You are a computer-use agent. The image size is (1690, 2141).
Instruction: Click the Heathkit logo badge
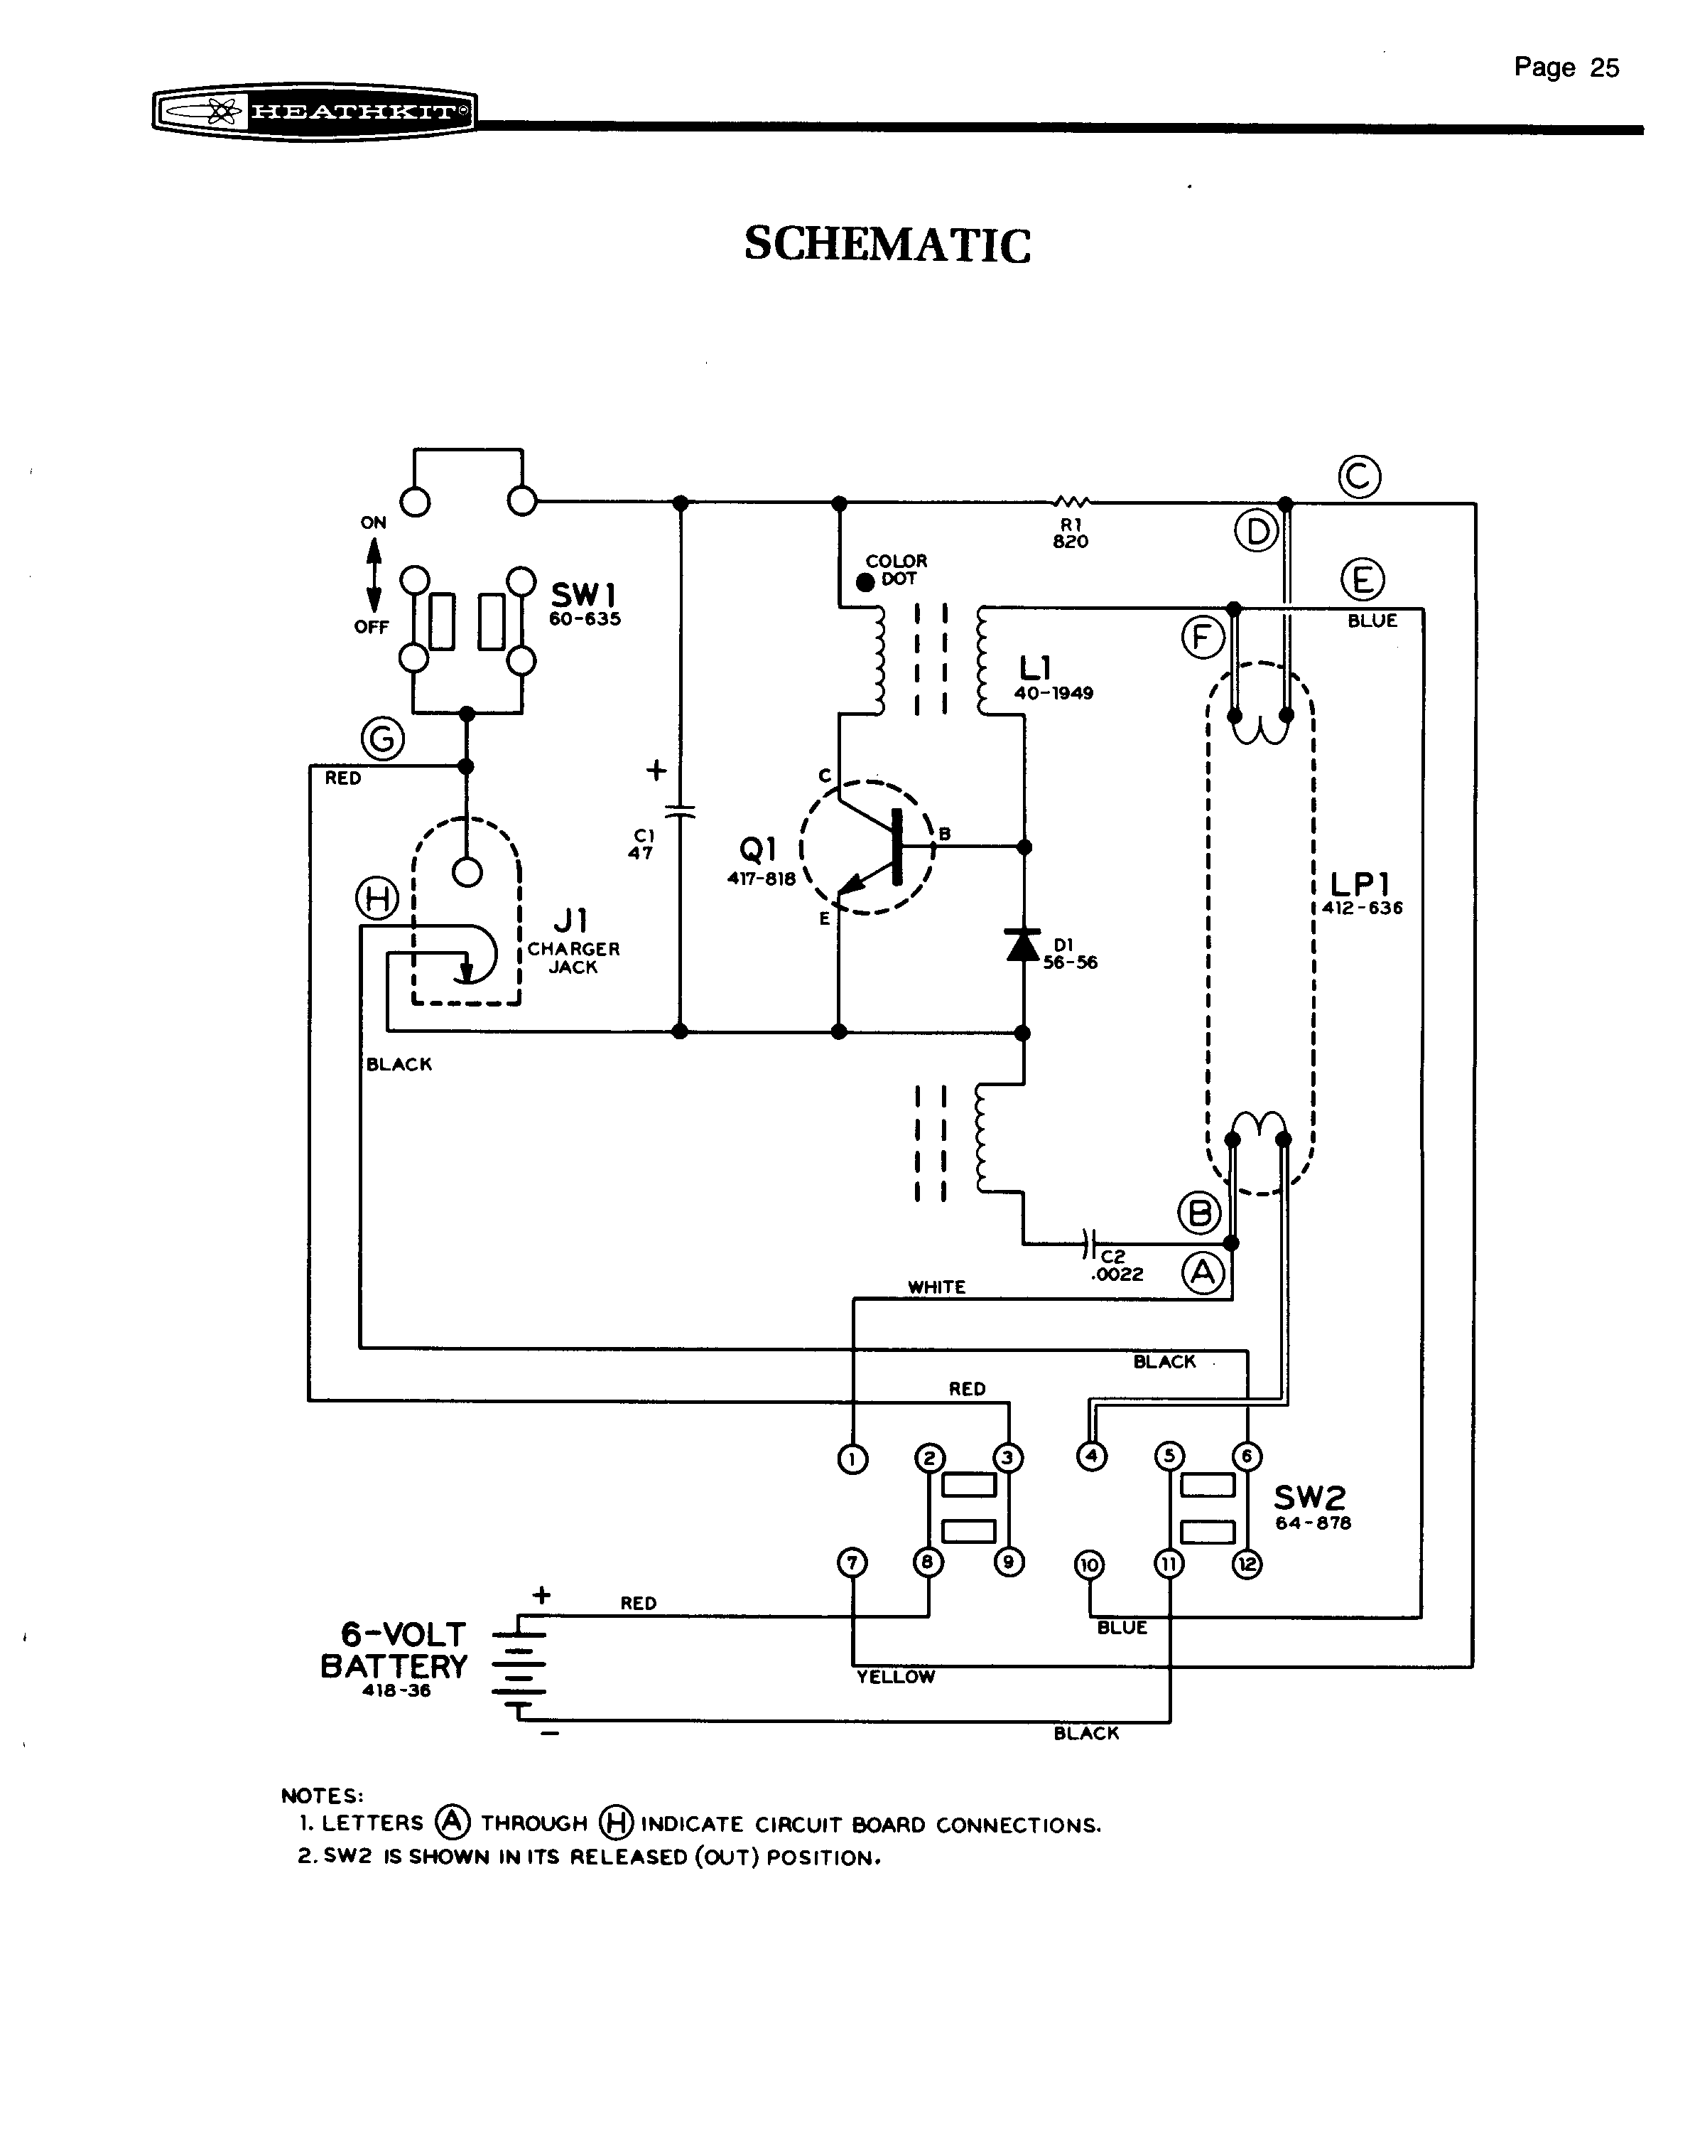[x=315, y=111]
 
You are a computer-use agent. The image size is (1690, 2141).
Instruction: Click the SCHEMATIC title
[x=887, y=245]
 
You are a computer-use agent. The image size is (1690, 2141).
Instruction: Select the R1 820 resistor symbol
[x=1071, y=502]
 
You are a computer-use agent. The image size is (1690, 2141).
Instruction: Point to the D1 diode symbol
[x=1022, y=945]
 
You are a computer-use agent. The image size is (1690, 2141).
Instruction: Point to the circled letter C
[x=1360, y=477]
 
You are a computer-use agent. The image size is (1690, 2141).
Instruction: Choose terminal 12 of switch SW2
[x=1247, y=1565]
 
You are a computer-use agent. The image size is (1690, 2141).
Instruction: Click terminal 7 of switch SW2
[x=852, y=1563]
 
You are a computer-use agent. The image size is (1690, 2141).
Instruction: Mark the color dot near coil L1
[x=866, y=582]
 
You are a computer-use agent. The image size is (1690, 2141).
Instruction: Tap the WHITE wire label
[x=936, y=1287]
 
